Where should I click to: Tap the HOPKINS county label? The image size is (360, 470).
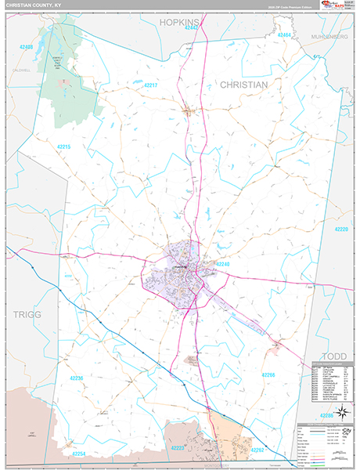point(182,23)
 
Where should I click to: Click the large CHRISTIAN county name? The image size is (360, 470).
point(243,84)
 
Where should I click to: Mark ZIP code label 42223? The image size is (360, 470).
point(179,448)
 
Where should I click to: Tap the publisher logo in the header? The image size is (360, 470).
point(333,6)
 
